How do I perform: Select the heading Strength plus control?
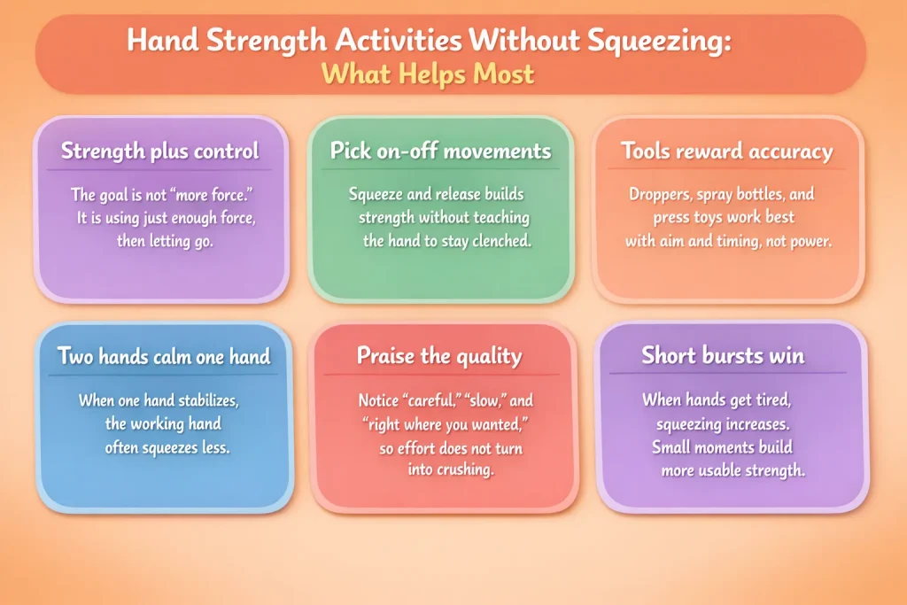point(160,151)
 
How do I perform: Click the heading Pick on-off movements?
point(440,151)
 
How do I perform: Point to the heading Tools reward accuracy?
point(727,151)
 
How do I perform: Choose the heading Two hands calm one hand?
point(164,356)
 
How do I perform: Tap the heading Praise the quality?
point(439,356)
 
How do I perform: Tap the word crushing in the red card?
point(464,470)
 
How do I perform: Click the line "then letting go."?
point(166,240)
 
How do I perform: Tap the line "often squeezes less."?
point(167,447)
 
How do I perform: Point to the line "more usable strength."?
point(733,470)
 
